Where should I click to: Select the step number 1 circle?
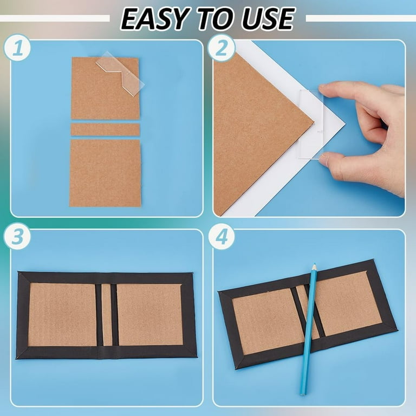click(x=17, y=48)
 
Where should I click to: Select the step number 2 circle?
click(x=221, y=48)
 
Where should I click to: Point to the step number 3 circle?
click(x=17, y=236)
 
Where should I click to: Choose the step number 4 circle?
click(x=221, y=236)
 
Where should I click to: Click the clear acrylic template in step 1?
click(x=121, y=73)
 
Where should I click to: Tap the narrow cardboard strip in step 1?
click(x=105, y=130)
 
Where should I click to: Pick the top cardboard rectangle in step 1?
click(x=105, y=88)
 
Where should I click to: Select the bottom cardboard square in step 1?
click(x=105, y=173)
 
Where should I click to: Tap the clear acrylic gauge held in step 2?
click(x=311, y=124)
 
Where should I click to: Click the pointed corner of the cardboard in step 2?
click(x=314, y=123)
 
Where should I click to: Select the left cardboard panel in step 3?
click(x=63, y=315)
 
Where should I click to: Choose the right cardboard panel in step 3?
click(x=150, y=315)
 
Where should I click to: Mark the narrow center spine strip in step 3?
click(x=107, y=315)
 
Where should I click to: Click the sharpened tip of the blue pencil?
click(x=314, y=265)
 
